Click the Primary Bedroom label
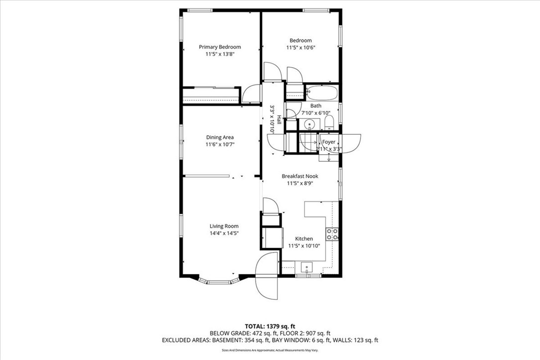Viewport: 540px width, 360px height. pyautogui.click(x=220, y=47)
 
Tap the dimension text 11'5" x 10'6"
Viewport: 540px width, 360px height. pyautogui.click(x=301, y=48)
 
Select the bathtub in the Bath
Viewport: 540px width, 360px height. pyautogui.click(x=322, y=92)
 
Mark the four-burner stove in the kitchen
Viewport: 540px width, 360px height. pyautogui.click(x=332, y=234)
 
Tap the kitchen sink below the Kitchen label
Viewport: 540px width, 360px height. pyautogui.click(x=307, y=268)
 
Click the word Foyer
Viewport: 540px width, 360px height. pyautogui.click(x=329, y=142)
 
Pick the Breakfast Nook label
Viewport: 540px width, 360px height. pyautogui.click(x=300, y=176)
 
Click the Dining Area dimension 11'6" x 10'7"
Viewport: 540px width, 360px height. pyautogui.click(x=220, y=144)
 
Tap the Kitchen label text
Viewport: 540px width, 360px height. pyautogui.click(x=304, y=239)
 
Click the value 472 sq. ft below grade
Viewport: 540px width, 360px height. pyautogui.click(x=270, y=333)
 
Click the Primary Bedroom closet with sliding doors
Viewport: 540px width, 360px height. pyautogui.click(x=210, y=95)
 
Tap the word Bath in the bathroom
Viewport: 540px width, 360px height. pyautogui.click(x=316, y=106)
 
